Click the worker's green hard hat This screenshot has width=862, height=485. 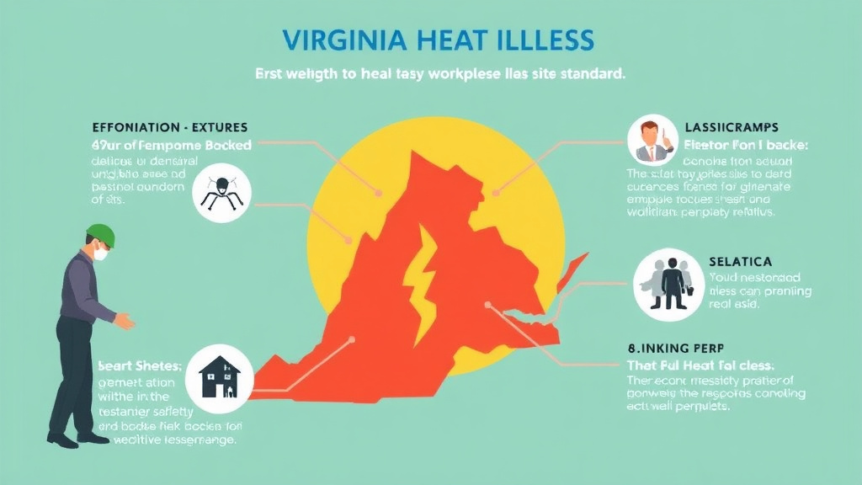[x=100, y=234]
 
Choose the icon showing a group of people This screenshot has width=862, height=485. [x=664, y=284]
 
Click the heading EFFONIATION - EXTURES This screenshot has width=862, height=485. [x=169, y=128]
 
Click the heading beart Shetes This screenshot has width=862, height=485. [x=139, y=366]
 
